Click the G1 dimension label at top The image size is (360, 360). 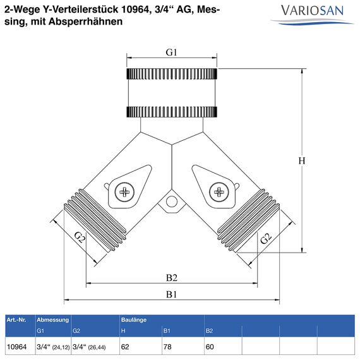tap(172, 52)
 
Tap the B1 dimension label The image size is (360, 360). tap(171, 295)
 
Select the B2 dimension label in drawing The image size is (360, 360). tap(171, 277)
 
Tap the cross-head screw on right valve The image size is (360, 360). tap(219, 191)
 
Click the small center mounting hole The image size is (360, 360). tap(172, 203)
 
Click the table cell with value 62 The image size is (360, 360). tap(125, 347)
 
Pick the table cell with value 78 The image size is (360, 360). tap(167, 347)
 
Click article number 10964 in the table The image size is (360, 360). tap(16, 347)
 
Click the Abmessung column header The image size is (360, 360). tap(53, 320)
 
